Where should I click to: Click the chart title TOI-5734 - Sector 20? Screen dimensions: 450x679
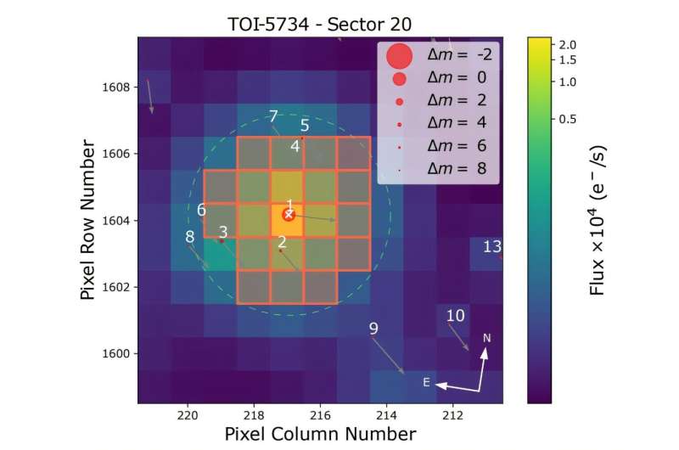point(319,20)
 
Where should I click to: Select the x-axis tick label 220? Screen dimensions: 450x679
point(188,415)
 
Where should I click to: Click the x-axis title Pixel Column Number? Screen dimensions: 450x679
point(320,434)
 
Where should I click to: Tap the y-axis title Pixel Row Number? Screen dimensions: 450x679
point(87,221)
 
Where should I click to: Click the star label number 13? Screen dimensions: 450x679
point(492,247)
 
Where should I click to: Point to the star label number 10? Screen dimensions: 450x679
point(456,316)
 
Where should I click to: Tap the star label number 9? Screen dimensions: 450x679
point(373,329)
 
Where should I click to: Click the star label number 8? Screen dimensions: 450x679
point(190,237)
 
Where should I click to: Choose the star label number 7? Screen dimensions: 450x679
point(273,116)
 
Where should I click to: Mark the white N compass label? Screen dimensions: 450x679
point(486,339)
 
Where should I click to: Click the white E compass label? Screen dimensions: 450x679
point(427,382)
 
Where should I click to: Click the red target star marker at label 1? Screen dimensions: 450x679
point(289,215)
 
